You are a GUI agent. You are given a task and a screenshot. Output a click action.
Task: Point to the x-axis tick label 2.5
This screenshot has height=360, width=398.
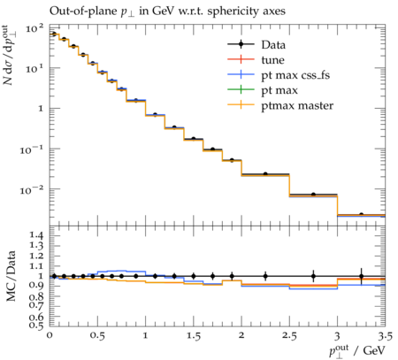pos(289,336)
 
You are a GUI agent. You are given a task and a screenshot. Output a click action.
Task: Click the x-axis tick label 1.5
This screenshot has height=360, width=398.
pos(194,336)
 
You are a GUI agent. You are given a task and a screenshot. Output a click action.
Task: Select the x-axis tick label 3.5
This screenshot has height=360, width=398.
pos(386,336)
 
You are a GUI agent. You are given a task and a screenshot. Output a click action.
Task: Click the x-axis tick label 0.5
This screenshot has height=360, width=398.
pos(97,336)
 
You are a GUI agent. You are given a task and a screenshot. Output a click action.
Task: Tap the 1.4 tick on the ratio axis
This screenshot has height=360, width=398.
pos(36,235)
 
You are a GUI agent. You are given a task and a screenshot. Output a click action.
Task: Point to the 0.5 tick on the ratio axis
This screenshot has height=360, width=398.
pos(36,326)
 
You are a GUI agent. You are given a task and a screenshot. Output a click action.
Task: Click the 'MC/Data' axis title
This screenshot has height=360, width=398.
pos(11,276)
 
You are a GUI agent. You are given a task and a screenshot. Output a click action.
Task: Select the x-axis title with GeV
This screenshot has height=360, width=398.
pos(357,351)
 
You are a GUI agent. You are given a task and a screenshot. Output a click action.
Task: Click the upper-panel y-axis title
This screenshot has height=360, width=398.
pos(10,55)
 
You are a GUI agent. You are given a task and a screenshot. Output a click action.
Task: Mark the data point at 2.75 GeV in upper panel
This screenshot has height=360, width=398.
pos(313,195)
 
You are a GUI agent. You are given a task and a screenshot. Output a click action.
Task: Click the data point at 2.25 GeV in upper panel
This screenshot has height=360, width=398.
pos(265,174)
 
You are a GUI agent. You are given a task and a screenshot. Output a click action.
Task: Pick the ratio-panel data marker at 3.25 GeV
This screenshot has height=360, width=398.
pos(362,277)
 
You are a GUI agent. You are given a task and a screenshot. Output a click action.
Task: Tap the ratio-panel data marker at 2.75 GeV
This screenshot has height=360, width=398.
pos(313,277)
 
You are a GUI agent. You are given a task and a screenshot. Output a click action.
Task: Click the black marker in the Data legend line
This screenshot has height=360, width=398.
pos(241,44)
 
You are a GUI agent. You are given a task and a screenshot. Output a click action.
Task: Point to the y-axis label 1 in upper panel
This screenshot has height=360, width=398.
pos(41,109)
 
